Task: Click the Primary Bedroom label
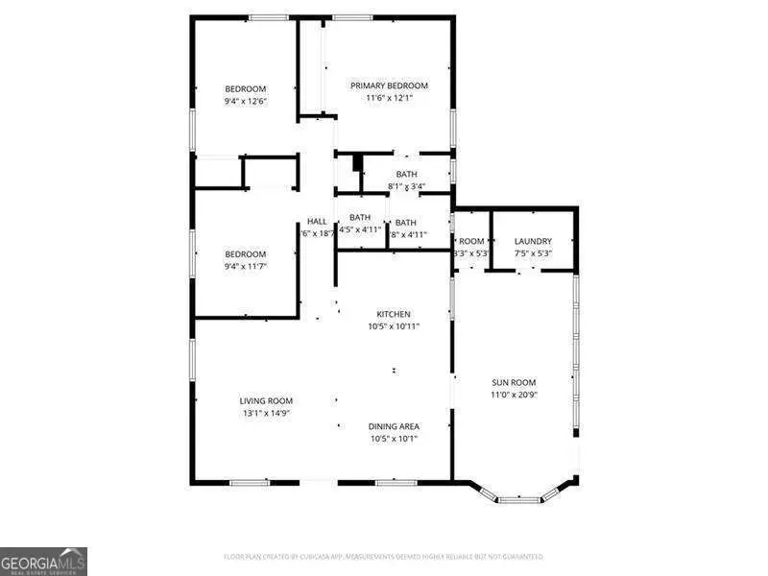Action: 389,85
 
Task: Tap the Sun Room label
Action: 514,382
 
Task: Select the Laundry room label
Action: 532,241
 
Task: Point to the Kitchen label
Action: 394,314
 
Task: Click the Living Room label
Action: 266,400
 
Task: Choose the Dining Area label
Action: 394,426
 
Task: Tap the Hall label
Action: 317,222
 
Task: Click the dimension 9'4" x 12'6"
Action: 245,101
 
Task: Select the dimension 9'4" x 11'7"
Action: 245,266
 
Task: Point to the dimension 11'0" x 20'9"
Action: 514,395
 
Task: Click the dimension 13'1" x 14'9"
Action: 266,413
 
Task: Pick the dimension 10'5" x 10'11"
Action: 394,326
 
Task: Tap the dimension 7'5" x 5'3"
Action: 532,253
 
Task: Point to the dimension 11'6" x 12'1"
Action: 389,98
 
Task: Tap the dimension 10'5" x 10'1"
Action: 394,439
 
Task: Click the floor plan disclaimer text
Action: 383,557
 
